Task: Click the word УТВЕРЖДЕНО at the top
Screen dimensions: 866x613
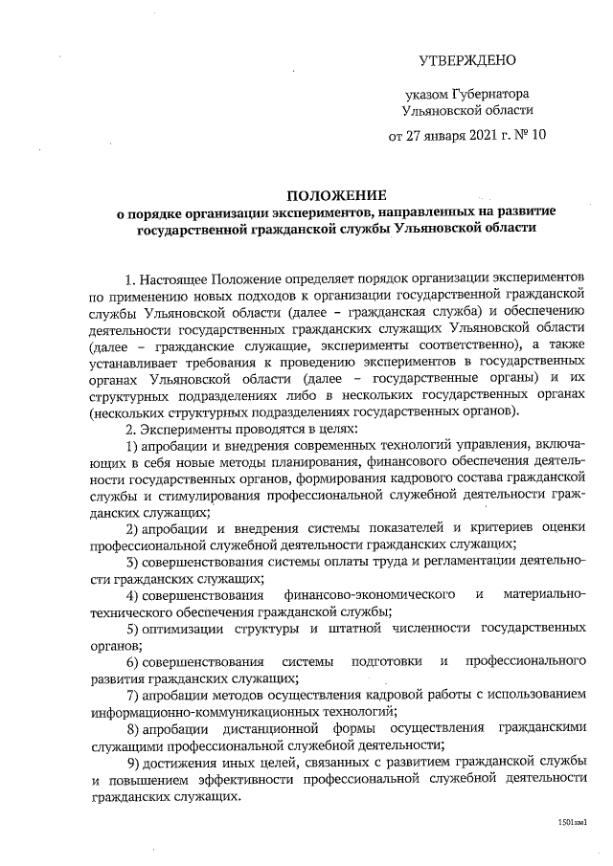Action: click(x=467, y=60)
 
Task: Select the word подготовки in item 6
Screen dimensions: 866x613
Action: click(x=386, y=661)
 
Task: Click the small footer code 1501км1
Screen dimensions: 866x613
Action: click(x=572, y=822)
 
